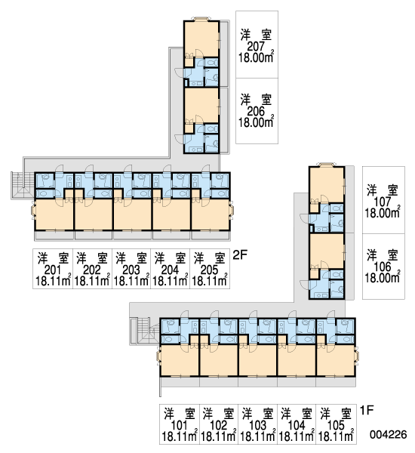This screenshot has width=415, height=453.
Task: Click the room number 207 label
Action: pyautogui.click(x=256, y=46)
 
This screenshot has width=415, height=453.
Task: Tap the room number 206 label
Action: pyautogui.click(x=256, y=111)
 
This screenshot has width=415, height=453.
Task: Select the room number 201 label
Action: pyautogui.click(x=53, y=270)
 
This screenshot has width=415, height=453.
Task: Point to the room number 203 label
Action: pyautogui.click(x=131, y=270)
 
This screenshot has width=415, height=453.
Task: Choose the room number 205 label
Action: pyautogui.click(x=209, y=270)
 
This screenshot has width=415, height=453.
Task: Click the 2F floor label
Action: pyautogui.click(x=240, y=255)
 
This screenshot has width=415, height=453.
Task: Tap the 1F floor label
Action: pyautogui.click(x=367, y=410)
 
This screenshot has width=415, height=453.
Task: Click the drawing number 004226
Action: pyautogui.click(x=389, y=434)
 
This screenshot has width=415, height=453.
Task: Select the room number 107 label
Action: pyautogui.click(x=383, y=202)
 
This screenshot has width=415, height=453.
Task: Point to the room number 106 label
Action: pyautogui.click(x=383, y=267)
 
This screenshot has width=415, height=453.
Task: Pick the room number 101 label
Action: pyautogui.click(x=180, y=425)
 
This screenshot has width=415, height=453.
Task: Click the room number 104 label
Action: pyautogui.click(x=297, y=425)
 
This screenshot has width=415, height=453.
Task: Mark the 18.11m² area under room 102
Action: pyautogui.click(x=219, y=436)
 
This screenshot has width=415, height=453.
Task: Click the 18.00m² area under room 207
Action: pyautogui.click(x=256, y=57)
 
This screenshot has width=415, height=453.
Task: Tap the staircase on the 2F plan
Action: pyautogui.click(x=23, y=185)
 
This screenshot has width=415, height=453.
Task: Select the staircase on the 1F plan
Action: pyautogui.click(x=144, y=331)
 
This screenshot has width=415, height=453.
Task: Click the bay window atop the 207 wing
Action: pyautogui.click(x=201, y=19)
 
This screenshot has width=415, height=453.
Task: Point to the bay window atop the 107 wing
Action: pyautogui.click(x=327, y=165)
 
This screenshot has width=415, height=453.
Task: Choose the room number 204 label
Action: pyautogui.click(x=170, y=270)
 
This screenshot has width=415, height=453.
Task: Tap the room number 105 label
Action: pyautogui.click(x=337, y=425)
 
